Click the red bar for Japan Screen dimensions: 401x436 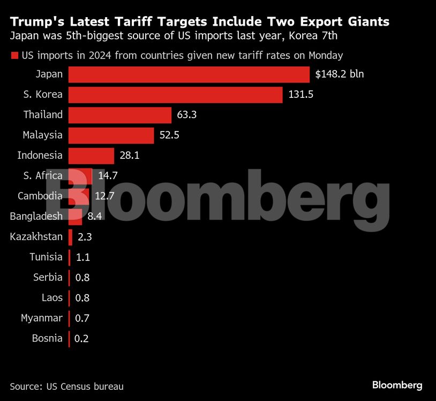click(x=189, y=74)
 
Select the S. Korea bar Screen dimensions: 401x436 click(x=176, y=95)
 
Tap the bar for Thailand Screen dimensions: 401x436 click(x=120, y=115)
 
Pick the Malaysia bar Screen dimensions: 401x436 click(x=111, y=135)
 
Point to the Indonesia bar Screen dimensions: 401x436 click(x=92, y=156)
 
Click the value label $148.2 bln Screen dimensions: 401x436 click(x=339, y=74)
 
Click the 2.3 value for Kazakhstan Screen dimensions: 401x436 click(x=84, y=237)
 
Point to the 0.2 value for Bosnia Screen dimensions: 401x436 click(x=82, y=338)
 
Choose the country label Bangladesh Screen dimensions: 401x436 click(x=36, y=216)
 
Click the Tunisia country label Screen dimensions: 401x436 click(x=46, y=257)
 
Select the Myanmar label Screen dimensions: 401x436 click(x=42, y=318)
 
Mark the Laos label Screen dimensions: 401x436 click(x=52, y=298)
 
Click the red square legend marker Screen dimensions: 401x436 click(x=14, y=55)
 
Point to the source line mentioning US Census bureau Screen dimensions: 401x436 click(x=66, y=385)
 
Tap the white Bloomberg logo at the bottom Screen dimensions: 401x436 click(x=397, y=385)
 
